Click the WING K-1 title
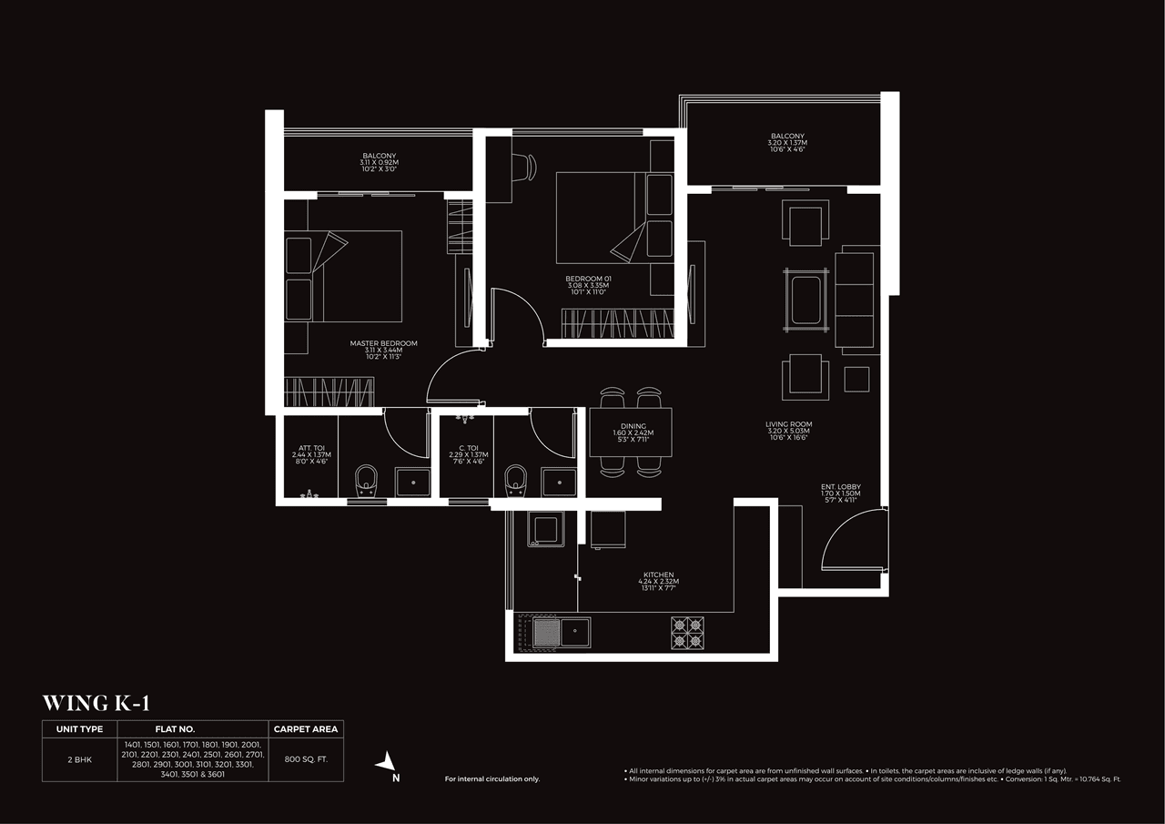click(x=96, y=703)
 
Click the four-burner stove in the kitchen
click(x=687, y=632)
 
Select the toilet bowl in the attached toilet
click(x=366, y=480)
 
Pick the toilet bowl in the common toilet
click(x=516, y=480)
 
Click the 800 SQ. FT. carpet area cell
click(x=306, y=758)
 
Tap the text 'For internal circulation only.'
click(x=491, y=779)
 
